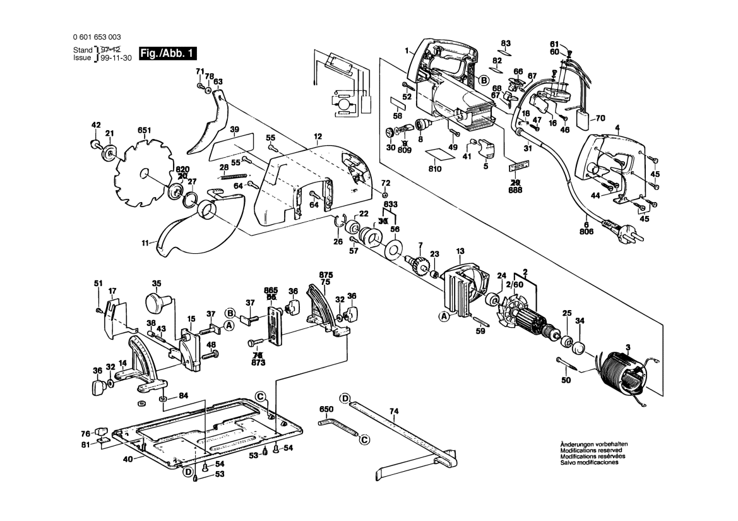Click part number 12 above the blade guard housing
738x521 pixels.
point(318,136)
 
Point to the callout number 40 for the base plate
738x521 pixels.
point(128,459)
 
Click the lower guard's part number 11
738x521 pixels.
point(146,243)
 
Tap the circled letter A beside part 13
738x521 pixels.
point(444,316)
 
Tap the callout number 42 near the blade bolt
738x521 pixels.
point(96,125)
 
